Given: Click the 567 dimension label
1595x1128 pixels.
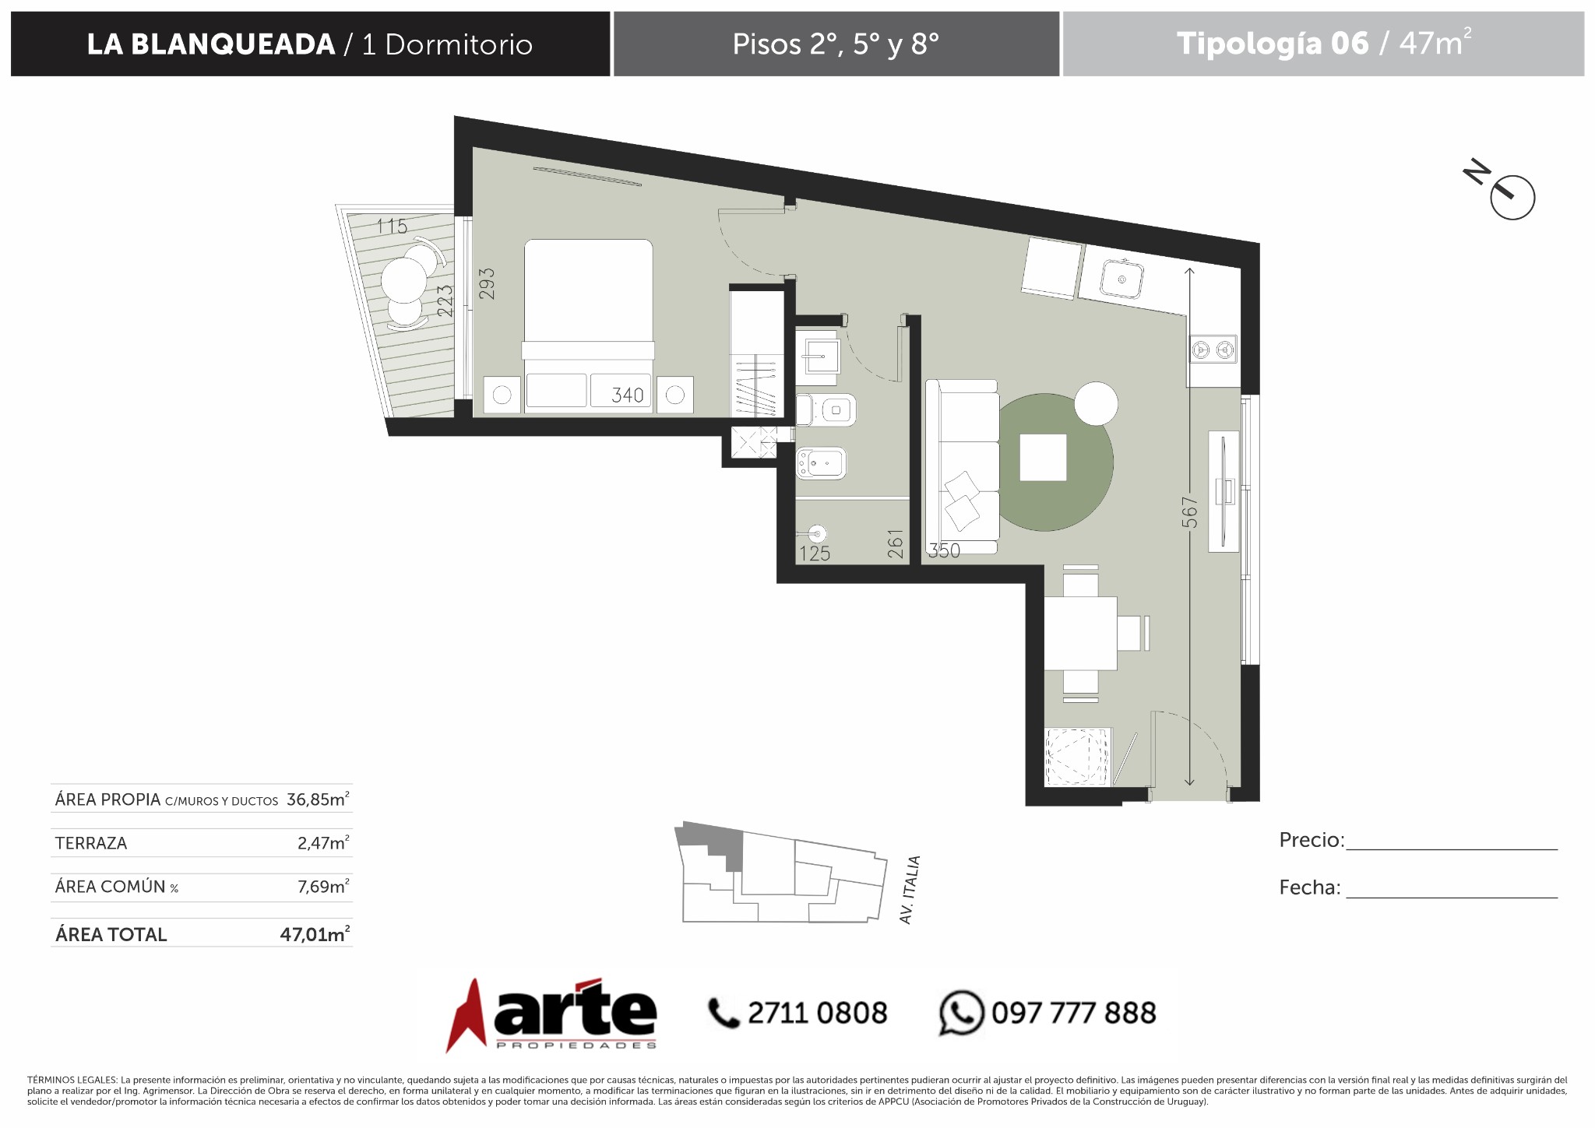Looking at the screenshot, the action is pyautogui.click(x=1189, y=512).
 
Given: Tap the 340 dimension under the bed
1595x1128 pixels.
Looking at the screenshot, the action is pyautogui.click(x=628, y=395).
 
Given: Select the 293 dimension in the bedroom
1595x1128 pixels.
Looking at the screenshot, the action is pyautogui.click(x=487, y=284).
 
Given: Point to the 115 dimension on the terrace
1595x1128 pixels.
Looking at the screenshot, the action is pyautogui.click(x=392, y=226).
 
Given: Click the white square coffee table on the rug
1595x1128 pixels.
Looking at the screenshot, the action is pyautogui.click(x=1043, y=458).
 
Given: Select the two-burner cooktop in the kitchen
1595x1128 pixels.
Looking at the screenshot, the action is pyautogui.click(x=1213, y=350).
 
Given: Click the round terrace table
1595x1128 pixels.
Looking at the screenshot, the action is pyautogui.click(x=403, y=279).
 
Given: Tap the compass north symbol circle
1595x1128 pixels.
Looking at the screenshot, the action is pyautogui.click(x=1512, y=198).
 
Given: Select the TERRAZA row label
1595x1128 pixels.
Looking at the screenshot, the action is pyautogui.click(x=91, y=843).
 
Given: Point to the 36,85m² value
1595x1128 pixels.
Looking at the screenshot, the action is pyautogui.click(x=318, y=799).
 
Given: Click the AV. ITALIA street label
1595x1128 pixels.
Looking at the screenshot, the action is pyautogui.click(x=910, y=890).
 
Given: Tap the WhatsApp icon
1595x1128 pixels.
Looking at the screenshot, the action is pyautogui.click(x=961, y=1013).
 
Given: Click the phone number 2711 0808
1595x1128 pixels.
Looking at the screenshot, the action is pyautogui.click(x=817, y=1013).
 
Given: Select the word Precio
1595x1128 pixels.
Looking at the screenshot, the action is pyautogui.click(x=1311, y=840).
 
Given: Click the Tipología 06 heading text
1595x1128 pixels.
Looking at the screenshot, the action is pyautogui.click(x=1272, y=44).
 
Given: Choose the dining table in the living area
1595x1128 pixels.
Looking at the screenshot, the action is pyautogui.click(x=1080, y=633).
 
